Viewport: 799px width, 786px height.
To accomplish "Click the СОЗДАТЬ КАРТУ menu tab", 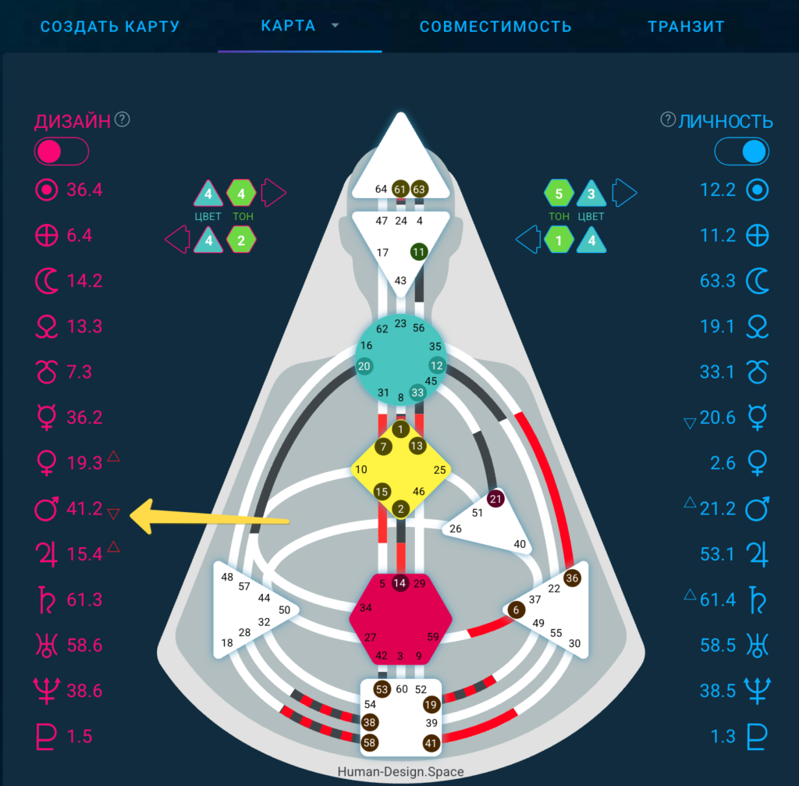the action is click(x=110, y=27).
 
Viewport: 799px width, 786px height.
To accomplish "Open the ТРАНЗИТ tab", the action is click(x=686, y=27).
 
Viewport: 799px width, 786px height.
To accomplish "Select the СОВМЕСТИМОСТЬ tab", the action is click(x=495, y=27).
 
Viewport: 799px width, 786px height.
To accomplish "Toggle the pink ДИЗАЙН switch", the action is click(x=62, y=151).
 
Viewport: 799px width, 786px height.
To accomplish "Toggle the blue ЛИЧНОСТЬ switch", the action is click(x=742, y=151).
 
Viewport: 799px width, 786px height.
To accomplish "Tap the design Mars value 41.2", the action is click(x=84, y=509).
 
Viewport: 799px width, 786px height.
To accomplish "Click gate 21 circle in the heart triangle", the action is click(x=495, y=499).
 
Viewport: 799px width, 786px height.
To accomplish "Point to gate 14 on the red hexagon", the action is click(x=399, y=583).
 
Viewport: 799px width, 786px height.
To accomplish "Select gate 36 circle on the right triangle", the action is click(x=572, y=578).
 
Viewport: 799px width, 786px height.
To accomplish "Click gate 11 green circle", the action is click(x=419, y=252).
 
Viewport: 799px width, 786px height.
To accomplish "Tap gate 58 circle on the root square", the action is click(x=369, y=742).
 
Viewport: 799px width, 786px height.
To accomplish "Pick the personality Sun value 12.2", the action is click(x=718, y=190).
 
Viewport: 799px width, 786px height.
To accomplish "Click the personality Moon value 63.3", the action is click(x=718, y=281).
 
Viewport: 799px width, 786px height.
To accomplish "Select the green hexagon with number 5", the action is click(x=559, y=194).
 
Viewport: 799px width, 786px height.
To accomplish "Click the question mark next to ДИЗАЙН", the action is click(x=123, y=119).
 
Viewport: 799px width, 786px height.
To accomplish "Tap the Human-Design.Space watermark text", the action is click(x=400, y=772).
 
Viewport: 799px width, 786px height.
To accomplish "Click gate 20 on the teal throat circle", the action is click(x=364, y=366).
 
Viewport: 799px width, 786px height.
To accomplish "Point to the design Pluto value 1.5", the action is click(x=80, y=737).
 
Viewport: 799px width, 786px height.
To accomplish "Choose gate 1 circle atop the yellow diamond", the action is click(x=400, y=429).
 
